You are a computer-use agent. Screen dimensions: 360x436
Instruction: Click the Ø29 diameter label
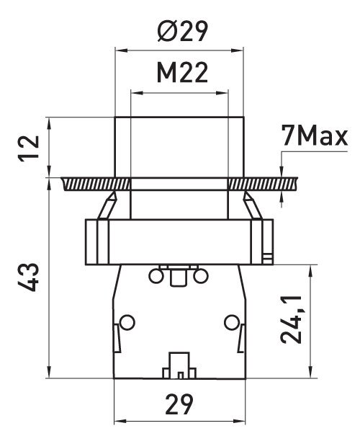point(182,31)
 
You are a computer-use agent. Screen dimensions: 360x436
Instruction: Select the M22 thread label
point(182,72)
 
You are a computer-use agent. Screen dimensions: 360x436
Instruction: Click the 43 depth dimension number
point(29,277)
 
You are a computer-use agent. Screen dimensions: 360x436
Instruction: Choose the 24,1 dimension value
point(291,319)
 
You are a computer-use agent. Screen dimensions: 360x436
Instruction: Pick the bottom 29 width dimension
point(179,404)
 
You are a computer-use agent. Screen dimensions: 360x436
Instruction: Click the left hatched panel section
point(96,184)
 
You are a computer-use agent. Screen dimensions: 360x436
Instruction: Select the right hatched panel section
point(263,184)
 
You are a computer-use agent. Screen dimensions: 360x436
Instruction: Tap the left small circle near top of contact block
point(156,277)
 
